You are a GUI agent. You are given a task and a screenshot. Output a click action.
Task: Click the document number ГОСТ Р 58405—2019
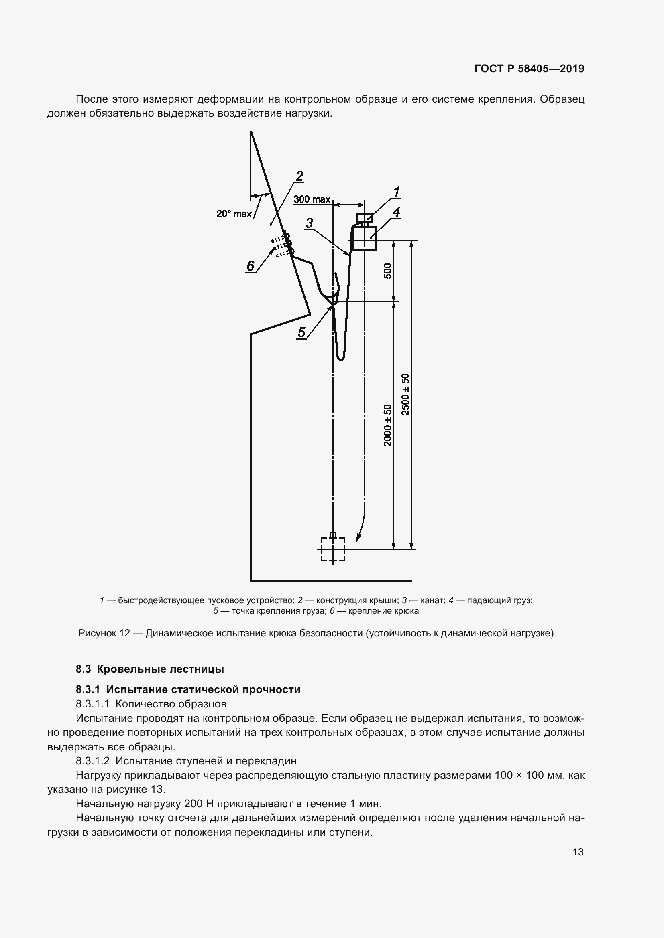(529, 69)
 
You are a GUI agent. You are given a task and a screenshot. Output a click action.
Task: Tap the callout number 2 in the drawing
(299, 176)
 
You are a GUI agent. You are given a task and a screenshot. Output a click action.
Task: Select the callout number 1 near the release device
(396, 192)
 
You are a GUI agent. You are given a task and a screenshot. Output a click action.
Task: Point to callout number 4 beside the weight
(396, 212)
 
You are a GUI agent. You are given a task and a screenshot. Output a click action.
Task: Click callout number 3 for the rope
(310, 223)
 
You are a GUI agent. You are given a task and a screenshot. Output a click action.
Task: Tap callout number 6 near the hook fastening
(250, 266)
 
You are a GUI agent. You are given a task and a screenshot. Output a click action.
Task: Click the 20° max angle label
(234, 214)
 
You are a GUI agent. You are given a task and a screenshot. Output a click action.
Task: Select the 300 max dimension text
(312, 199)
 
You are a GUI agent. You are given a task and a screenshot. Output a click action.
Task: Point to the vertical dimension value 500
(387, 271)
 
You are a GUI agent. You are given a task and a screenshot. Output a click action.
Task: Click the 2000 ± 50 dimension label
(387, 425)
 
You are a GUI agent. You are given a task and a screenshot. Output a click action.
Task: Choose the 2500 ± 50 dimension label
(405, 394)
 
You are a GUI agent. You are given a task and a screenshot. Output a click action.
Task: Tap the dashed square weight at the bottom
(333, 549)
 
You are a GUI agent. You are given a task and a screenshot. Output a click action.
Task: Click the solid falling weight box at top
(365, 238)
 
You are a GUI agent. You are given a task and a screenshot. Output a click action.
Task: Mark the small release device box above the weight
(365, 217)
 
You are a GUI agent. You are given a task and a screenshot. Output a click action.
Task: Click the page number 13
(578, 852)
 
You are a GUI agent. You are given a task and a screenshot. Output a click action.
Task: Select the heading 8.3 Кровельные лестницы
(150, 669)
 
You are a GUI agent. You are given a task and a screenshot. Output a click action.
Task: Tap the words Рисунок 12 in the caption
(104, 633)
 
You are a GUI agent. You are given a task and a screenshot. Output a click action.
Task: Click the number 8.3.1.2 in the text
(93, 761)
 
